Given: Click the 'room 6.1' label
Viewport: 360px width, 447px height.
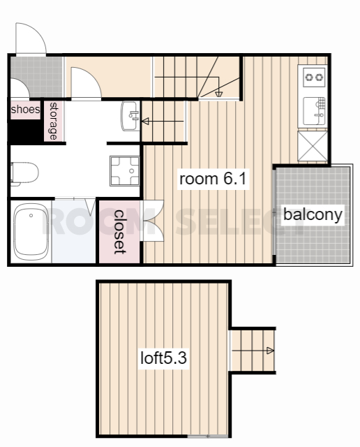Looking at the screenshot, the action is (x=213, y=179).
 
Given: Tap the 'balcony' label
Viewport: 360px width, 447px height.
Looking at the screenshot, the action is (x=313, y=214).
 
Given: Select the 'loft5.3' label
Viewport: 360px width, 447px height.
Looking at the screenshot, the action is (x=163, y=358).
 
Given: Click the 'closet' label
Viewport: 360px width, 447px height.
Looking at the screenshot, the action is (x=119, y=232).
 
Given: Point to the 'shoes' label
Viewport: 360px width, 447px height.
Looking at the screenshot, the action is (x=25, y=109).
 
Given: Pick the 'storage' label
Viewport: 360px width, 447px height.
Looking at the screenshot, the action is (x=53, y=121).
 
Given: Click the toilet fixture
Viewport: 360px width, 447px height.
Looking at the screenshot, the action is (x=24, y=174).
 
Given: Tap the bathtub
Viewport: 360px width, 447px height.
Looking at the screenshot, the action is (x=31, y=232).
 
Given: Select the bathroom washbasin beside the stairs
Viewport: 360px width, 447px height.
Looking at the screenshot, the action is (x=130, y=116).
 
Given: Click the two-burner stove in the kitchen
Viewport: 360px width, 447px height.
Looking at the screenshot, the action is (x=314, y=77).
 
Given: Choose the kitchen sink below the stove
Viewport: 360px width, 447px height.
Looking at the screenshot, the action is (x=314, y=111).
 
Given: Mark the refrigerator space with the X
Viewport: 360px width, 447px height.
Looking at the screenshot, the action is (x=313, y=146).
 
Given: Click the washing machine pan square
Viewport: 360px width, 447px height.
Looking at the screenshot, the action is (x=125, y=170).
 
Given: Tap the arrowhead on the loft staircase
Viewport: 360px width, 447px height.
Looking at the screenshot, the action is (x=270, y=351).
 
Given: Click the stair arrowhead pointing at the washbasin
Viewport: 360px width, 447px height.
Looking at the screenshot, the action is (x=145, y=122).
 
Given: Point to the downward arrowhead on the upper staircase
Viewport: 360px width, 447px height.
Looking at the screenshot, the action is (x=219, y=94).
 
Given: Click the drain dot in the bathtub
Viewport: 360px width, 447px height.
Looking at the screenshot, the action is (x=31, y=216).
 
